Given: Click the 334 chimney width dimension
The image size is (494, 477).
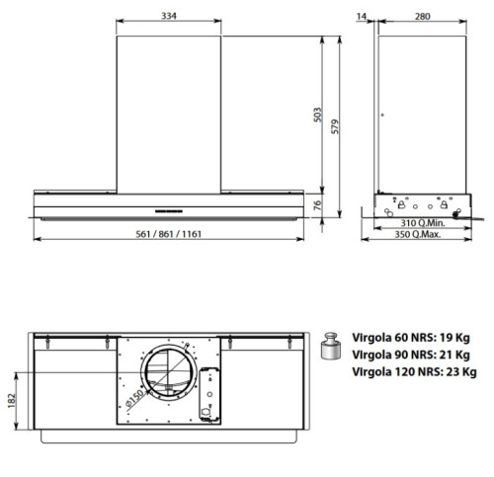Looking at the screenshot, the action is [169, 16].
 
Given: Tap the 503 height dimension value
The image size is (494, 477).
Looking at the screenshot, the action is [317, 115].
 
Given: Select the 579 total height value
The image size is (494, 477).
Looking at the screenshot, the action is [335, 126].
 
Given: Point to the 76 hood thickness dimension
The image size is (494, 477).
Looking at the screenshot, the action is [317, 205].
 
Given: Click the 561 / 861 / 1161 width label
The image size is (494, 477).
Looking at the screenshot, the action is [168, 234].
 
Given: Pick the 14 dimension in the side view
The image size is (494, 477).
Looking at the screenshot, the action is [362, 16].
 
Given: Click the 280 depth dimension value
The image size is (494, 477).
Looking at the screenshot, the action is [423, 16].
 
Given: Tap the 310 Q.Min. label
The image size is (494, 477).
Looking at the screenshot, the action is [423, 223].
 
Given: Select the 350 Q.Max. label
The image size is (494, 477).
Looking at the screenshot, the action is [418, 234].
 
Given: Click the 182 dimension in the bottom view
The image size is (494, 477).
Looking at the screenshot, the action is [12, 401].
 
